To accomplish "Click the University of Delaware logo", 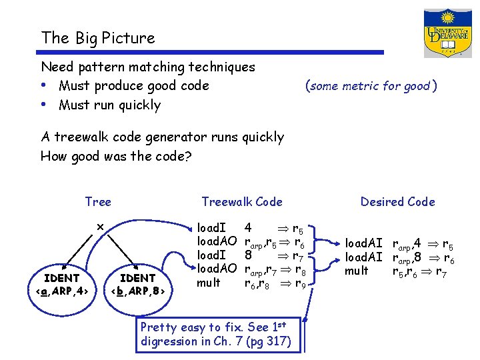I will point(447,33).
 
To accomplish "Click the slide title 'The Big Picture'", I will point(97,38).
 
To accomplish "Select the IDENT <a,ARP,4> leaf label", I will point(62,283).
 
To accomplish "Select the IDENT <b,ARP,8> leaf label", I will point(138,283).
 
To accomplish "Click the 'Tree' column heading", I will point(98,201).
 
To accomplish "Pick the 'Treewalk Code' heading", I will point(241,201).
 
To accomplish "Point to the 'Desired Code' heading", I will point(397,201).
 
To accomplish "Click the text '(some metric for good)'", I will point(371,85).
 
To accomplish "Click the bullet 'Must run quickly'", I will point(109,105).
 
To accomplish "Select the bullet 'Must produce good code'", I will point(133,85).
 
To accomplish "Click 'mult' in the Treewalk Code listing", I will point(208,283).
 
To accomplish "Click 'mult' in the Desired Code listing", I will point(356,271).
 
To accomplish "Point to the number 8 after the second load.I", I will point(248,255).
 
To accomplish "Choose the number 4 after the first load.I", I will point(248,227).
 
